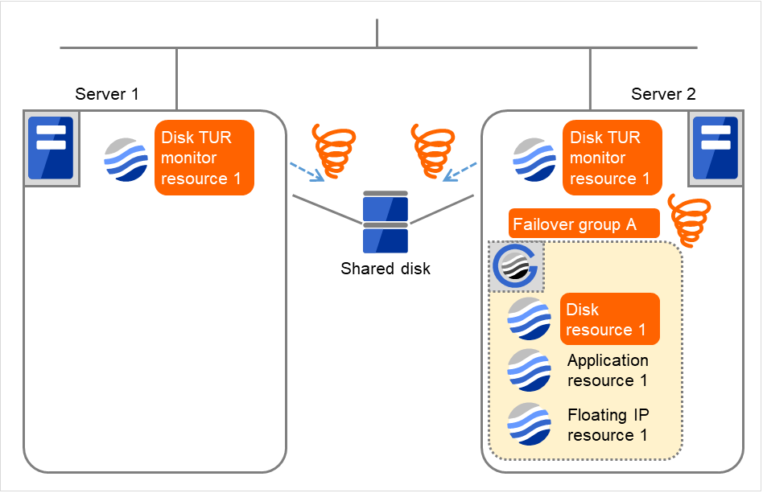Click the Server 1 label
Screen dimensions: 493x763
click(107, 94)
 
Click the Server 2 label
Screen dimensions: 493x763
click(663, 94)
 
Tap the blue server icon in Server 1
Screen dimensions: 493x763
click(51, 149)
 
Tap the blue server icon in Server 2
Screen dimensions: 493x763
click(716, 149)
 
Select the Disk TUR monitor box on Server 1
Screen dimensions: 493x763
click(204, 158)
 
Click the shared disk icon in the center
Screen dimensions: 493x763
click(386, 222)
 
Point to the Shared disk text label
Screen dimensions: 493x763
click(386, 269)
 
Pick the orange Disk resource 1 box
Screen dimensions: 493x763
click(609, 319)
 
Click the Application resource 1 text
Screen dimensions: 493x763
click(608, 370)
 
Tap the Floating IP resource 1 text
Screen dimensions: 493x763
click(608, 425)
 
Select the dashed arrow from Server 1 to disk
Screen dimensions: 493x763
click(307, 171)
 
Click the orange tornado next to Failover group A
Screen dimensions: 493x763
click(690, 220)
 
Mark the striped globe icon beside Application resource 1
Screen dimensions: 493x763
click(529, 370)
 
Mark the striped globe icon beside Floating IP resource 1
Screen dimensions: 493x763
click(529, 424)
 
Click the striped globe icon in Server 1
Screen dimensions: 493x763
click(126, 158)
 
